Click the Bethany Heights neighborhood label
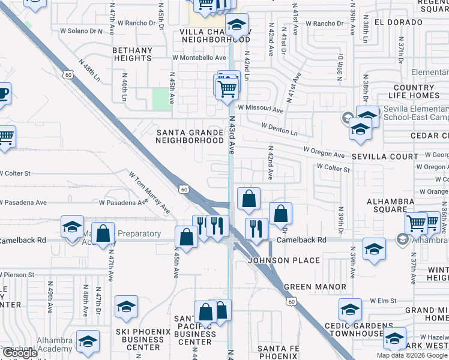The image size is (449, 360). (132, 53)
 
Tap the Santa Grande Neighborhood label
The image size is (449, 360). (190, 136)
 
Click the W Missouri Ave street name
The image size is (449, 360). (260, 109)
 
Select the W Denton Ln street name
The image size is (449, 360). (279, 128)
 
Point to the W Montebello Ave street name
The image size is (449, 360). (199, 58)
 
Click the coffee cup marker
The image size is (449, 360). (3, 94)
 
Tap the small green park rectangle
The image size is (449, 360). (160, 99)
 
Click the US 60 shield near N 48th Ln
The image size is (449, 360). (68, 74)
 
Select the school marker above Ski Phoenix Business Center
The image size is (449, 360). (126, 307)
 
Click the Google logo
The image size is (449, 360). (19, 353)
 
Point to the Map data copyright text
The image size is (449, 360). (412, 355)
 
